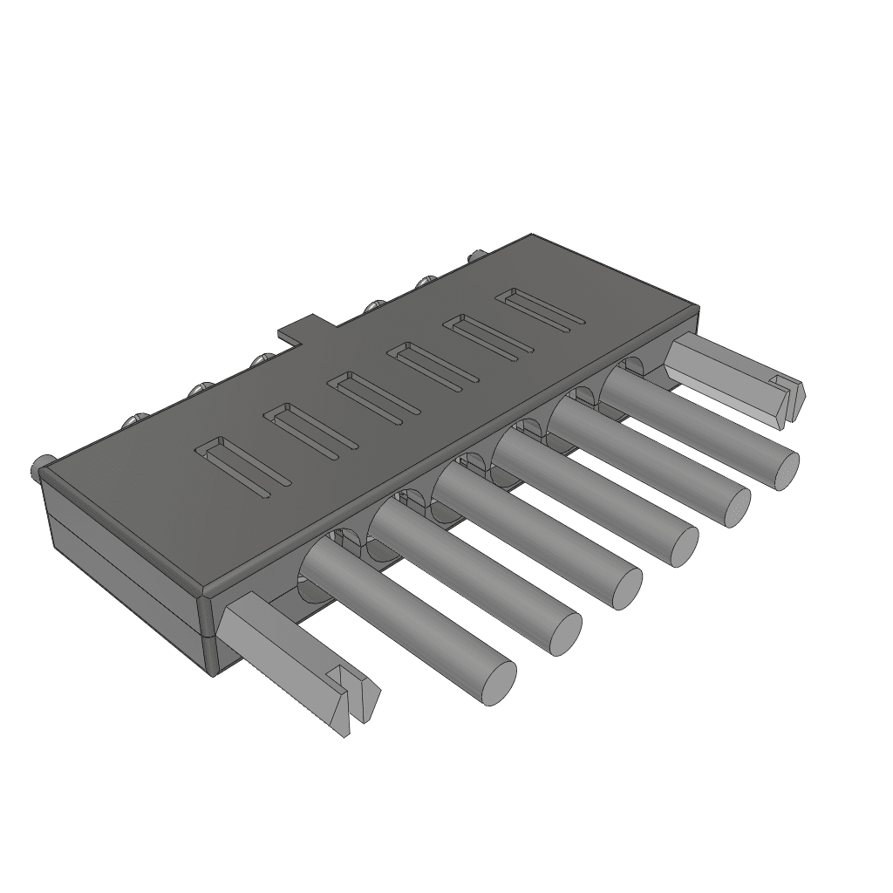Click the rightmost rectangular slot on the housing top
pyautogui.click(x=541, y=311)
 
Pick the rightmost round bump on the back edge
pyautogui.click(x=475, y=256)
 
